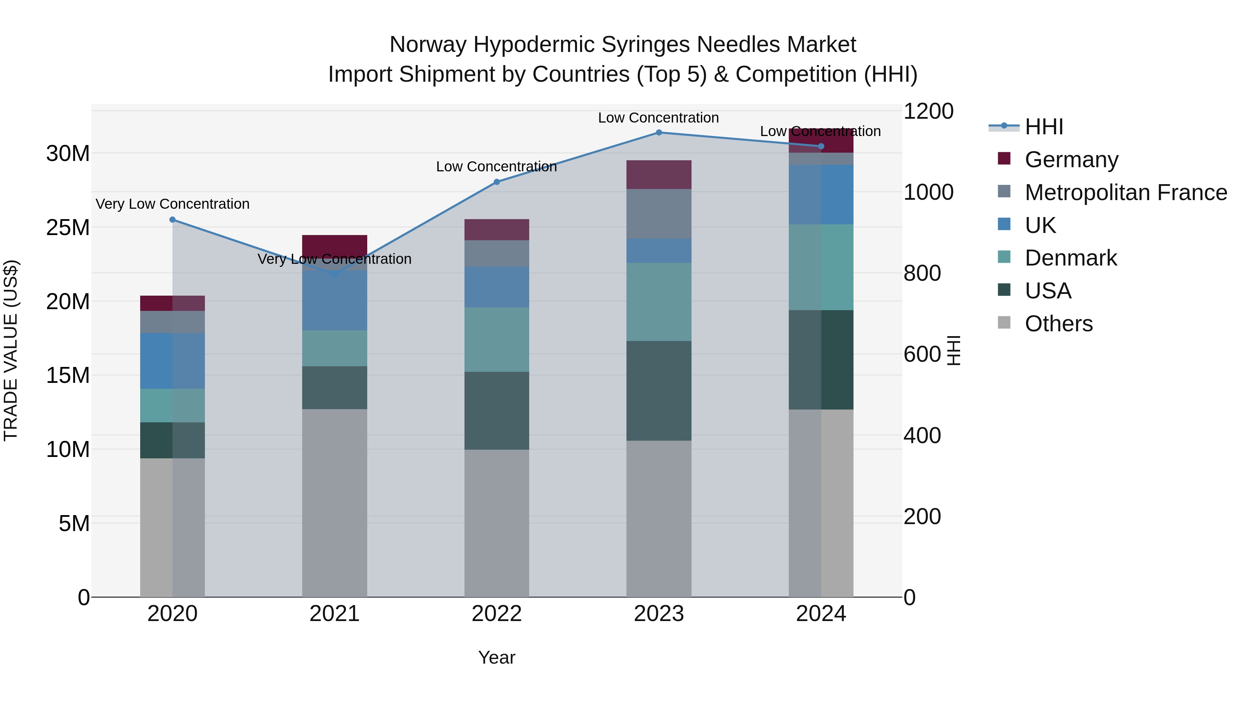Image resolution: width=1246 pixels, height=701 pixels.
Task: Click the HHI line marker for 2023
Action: click(x=659, y=132)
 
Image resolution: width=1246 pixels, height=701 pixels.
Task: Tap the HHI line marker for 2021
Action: click(x=335, y=273)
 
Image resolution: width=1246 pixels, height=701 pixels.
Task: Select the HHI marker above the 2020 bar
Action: click(x=173, y=219)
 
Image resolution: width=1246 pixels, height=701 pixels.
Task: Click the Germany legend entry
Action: click(x=1071, y=160)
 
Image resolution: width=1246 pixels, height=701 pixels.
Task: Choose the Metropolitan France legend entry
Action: click(x=1125, y=192)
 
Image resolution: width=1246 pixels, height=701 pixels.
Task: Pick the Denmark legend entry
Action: click(x=1071, y=258)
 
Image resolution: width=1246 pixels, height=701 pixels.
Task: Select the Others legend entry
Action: click(x=1058, y=324)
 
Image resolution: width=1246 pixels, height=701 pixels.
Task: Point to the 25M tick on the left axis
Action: click(x=68, y=227)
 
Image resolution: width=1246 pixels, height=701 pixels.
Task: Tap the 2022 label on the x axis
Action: click(x=497, y=614)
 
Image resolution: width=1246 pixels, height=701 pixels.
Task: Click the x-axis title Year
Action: click(x=497, y=657)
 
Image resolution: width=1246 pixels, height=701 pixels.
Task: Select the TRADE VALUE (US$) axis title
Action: click(x=11, y=350)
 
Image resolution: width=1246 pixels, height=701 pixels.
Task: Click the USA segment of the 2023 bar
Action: click(x=659, y=390)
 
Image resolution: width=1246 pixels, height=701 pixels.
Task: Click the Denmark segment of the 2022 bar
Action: click(x=497, y=339)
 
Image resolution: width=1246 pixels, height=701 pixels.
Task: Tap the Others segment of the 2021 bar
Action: click(x=335, y=503)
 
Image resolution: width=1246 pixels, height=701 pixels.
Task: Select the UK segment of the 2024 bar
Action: click(x=821, y=195)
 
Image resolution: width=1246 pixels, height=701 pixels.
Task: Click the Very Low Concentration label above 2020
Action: click(x=173, y=204)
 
